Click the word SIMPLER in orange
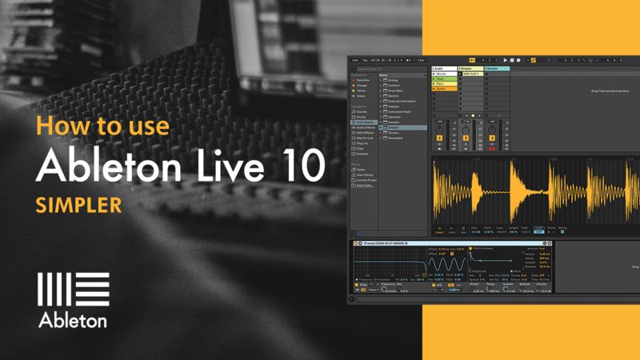click(x=78, y=204)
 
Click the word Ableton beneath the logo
click(x=73, y=320)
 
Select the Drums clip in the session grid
click(x=443, y=74)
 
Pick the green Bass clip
click(x=443, y=78)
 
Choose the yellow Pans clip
click(x=443, y=83)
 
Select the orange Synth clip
click(x=443, y=88)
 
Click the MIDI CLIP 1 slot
click(x=470, y=74)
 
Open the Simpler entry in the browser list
click(x=394, y=127)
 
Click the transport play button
click(x=506, y=60)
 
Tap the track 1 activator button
click(x=439, y=138)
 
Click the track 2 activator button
click(x=466, y=138)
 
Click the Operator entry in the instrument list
click(x=394, y=118)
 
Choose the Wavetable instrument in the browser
click(x=395, y=137)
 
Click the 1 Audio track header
click(x=443, y=69)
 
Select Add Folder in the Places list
click(x=365, y=185)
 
